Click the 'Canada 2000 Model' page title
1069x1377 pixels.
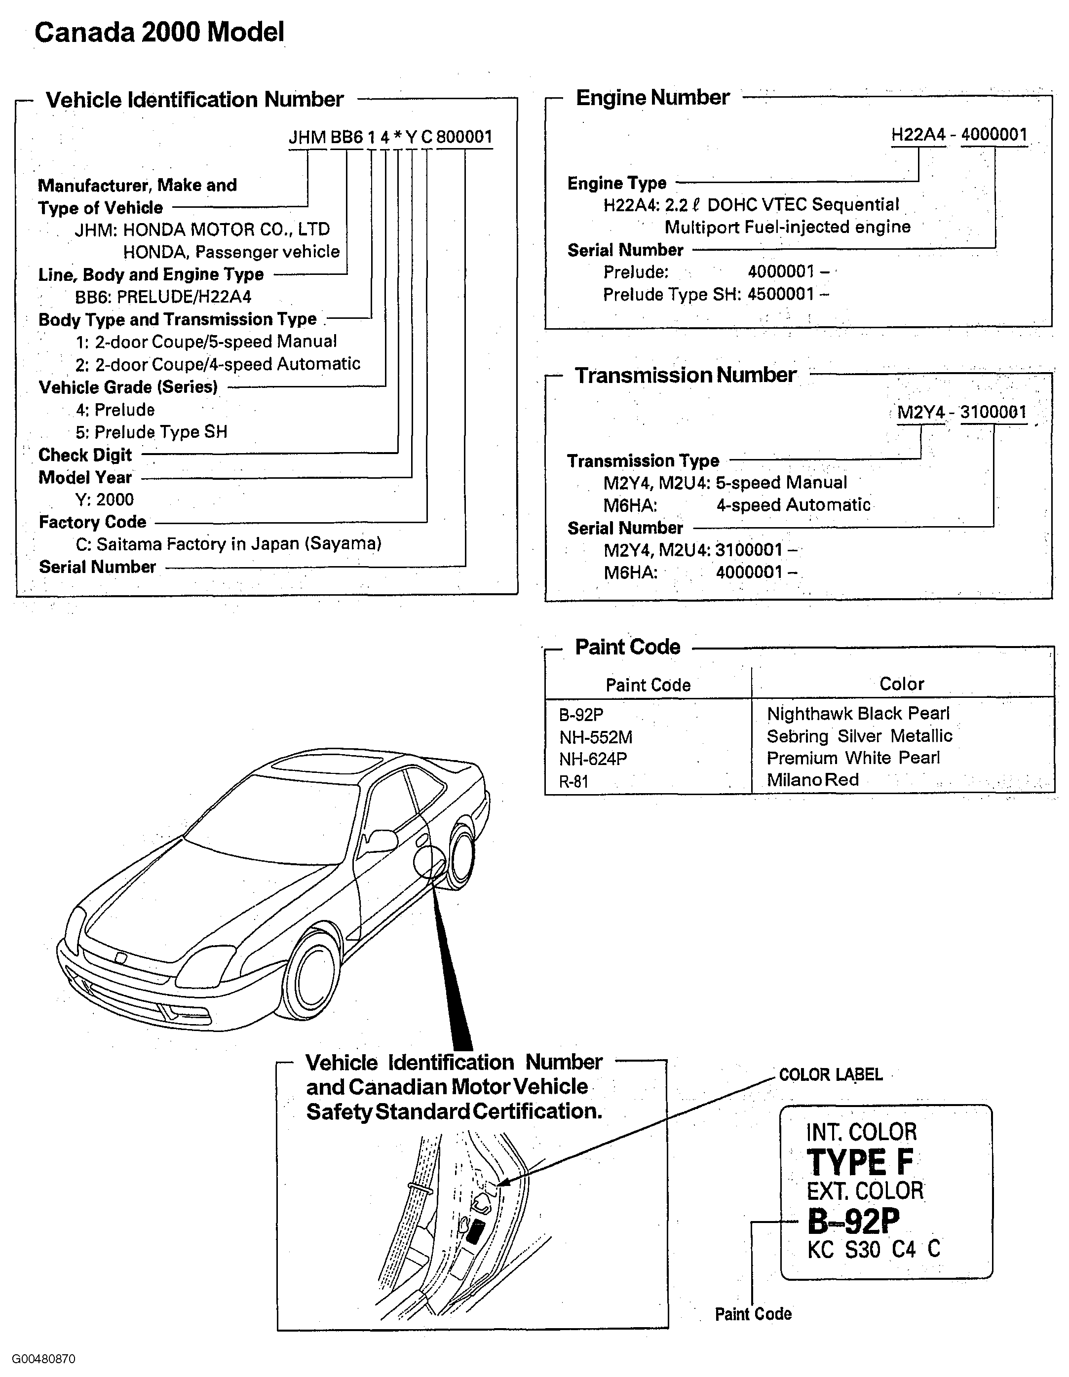tap(159, 32)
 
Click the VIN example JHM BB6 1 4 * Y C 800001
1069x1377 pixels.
tap(390, 137)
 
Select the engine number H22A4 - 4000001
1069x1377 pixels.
tap(959, 134)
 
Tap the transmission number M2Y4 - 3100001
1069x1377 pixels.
tap(962, 412)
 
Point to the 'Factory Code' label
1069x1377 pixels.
tap(93, 522)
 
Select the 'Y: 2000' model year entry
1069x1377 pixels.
tap(105, 500)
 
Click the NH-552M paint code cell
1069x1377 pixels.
tap(596, 737)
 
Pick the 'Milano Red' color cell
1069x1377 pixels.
tap(812, 780)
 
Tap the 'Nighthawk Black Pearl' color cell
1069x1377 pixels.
tap(858, 714)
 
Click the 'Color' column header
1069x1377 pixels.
tap(901, 684)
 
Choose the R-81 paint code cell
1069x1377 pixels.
tap(573, 782)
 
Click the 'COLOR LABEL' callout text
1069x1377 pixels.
tap(831, 1075)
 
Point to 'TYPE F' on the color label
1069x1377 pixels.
tap(860, 1162)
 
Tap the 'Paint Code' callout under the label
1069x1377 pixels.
tap(753, 1314)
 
